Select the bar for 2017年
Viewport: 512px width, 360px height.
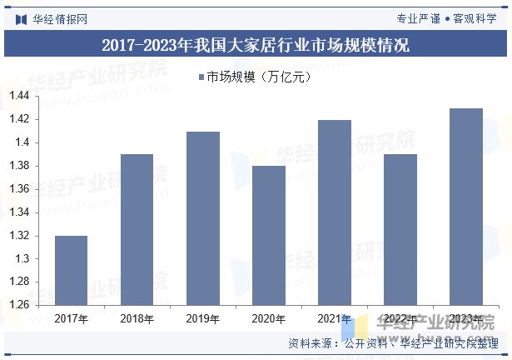point(71,270)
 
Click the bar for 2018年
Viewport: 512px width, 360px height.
point(137,229)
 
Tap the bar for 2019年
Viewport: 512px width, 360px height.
point(202,218)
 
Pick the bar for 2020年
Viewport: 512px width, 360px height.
point(268,235)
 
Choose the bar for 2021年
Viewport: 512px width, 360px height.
point(334,212)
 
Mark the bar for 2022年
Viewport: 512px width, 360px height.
point(400,229)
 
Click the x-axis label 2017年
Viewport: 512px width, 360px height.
point(71,318)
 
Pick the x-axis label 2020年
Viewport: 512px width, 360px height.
point(268,318)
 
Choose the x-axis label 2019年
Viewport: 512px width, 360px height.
point(202,318)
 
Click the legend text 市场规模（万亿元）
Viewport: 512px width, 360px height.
point(258,77)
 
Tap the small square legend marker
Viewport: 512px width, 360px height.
point(201,77)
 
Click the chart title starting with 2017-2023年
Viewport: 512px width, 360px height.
point(256,45)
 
